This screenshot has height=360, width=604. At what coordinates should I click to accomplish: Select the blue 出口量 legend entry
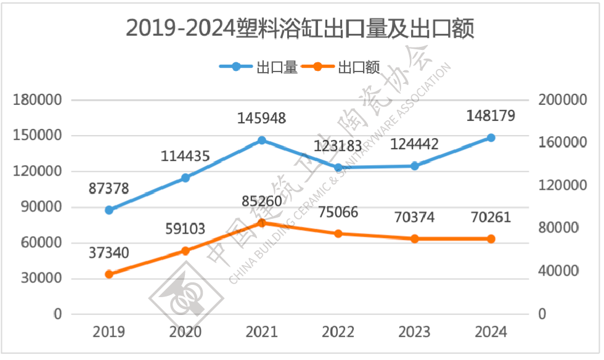(258, 67)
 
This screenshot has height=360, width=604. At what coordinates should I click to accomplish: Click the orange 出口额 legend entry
(340, 67)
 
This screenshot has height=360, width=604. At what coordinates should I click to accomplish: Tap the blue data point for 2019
(109, 210)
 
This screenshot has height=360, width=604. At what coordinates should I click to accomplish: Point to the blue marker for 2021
(262, 141)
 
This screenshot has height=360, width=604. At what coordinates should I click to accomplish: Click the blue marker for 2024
(491, 137)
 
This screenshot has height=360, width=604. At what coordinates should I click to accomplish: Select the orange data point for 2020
(186, 251)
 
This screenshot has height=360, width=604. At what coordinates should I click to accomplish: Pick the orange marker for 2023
(414, 239)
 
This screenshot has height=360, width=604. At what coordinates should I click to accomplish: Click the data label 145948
(261, 118)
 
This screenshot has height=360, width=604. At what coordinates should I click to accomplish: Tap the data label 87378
(108, 189)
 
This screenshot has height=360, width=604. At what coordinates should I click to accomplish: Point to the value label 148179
(491, 116)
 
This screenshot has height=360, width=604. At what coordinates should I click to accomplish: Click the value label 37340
(108, 253)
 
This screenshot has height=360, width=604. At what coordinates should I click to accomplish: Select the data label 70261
(491, 218)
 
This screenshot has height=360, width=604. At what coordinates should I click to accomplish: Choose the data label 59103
(186, 229)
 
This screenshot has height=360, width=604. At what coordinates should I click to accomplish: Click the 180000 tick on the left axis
(38, 100)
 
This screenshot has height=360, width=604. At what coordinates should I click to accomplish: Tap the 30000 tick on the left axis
(41, 278)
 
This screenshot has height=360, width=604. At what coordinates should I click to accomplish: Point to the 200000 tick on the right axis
(562, 100)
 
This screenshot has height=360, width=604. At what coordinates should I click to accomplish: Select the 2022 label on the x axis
(338, 332)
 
